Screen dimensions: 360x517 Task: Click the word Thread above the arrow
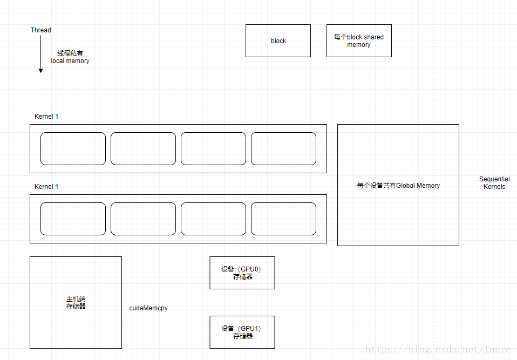pyautogui.click(x=41, y=30)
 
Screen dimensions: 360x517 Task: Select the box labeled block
pyautogui.click(x=278, y=40)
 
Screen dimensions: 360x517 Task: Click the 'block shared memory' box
pyautogui.click(x=359, y=40)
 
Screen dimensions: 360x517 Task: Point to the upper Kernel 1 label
pyautogui.click(x=46, y=117)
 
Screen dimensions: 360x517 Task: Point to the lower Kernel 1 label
pyautogui.click(x=46, y=187)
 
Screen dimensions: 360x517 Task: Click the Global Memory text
pyautogui.click(x=398, y=186)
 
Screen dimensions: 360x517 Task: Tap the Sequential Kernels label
pyautogui.click(x=494, y=183)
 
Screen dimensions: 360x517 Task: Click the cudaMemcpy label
pyautogui.click(x=148, y=308)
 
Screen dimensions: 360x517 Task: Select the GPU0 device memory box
pyautogui.click(x=242, y=273)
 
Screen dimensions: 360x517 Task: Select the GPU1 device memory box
pyautogui.click(x=242, y=332)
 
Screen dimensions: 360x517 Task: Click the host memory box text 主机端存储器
pyautogui.click(x=76, y=303)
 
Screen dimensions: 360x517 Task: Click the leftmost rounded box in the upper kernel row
pyautogui.click(x=73, y=148)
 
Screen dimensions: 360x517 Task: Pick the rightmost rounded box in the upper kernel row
pyautogui.click(x=283, y=148)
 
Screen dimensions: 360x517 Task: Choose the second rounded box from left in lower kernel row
pyautogui.click(x=143, y=219)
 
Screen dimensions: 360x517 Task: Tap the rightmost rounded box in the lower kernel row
pyautogui.click(x=283, y=219)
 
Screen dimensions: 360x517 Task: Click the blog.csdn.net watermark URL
pyautogui.click(x=438, y=350)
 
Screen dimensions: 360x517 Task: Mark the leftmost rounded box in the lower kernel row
pyautogui.click(x=73, y=219)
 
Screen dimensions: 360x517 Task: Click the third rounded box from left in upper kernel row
pyautogui.click(x=213, y=148)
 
